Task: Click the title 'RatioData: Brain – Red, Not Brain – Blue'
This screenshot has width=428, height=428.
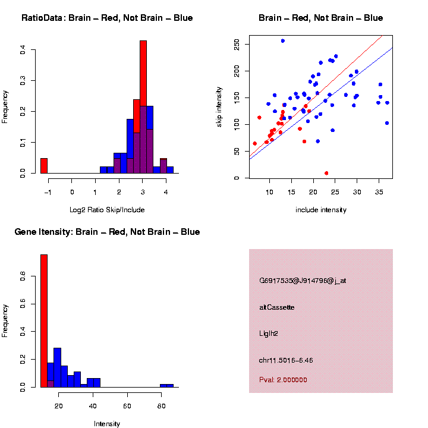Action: tap(107, 18)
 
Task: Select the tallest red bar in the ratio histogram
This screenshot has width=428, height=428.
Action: tap(143, 107)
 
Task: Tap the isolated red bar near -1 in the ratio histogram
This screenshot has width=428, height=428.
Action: tap(44, 165)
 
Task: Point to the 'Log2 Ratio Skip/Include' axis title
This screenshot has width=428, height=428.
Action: tap(107, 209)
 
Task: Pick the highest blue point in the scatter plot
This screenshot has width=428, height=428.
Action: tap(282, 40)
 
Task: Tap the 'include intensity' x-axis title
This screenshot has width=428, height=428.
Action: tap(321, 210)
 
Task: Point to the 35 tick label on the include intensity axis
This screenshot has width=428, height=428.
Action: tap(380, 192)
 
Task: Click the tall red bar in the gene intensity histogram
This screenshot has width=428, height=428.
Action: tap(44, 321)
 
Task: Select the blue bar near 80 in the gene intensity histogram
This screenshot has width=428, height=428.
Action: tap(166, 386)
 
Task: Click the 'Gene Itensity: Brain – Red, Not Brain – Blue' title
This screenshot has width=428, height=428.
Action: tap(107, 232)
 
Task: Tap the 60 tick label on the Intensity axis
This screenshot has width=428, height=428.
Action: tap(127, 406)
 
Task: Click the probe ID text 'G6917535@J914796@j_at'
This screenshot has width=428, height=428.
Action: tap(302, 281)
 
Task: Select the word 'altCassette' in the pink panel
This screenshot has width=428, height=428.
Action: tap(276, 307)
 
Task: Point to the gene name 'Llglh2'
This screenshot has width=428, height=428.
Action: tap(269, 333)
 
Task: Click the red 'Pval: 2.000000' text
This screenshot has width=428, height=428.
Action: tap(283, 380)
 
